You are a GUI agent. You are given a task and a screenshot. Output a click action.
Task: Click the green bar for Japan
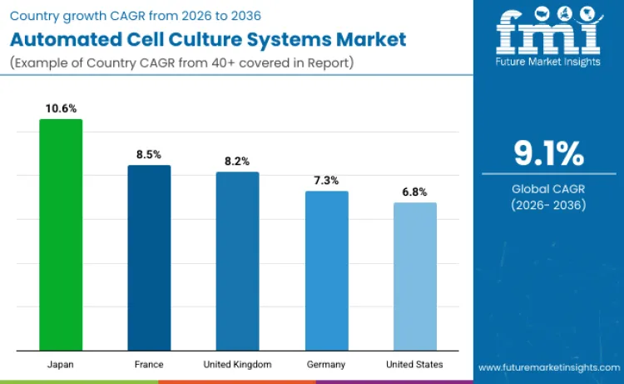pos(61,234)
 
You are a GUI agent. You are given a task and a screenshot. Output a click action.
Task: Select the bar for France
pos(149,257)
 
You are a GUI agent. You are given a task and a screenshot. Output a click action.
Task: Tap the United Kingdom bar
pos(237,261)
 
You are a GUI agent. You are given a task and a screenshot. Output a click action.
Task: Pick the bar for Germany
pos(326,270)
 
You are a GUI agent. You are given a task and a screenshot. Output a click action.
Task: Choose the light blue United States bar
pos(414,276)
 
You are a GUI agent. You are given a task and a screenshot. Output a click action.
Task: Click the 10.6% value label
pos(61,108)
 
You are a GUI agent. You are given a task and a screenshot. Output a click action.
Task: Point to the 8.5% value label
pos(149,154)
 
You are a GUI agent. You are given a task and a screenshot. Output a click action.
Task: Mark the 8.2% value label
pos(237,161)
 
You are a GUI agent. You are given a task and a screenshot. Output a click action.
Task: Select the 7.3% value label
pos(326,180)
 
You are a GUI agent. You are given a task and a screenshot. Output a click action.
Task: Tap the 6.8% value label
pos(414,192)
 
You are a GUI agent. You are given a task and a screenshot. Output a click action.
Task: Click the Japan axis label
pos(61,365)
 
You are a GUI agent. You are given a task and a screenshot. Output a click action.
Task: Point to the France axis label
pos(149,365)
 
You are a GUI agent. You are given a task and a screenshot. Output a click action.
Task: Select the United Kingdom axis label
pos(237,365)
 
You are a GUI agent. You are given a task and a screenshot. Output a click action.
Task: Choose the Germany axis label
pos(326,365)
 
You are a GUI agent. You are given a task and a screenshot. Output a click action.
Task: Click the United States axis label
pos(414,365)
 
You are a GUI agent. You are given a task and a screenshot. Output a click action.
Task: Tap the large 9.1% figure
pos(548,154)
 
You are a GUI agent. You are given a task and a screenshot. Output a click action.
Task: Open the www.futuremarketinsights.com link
pos(548,367)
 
